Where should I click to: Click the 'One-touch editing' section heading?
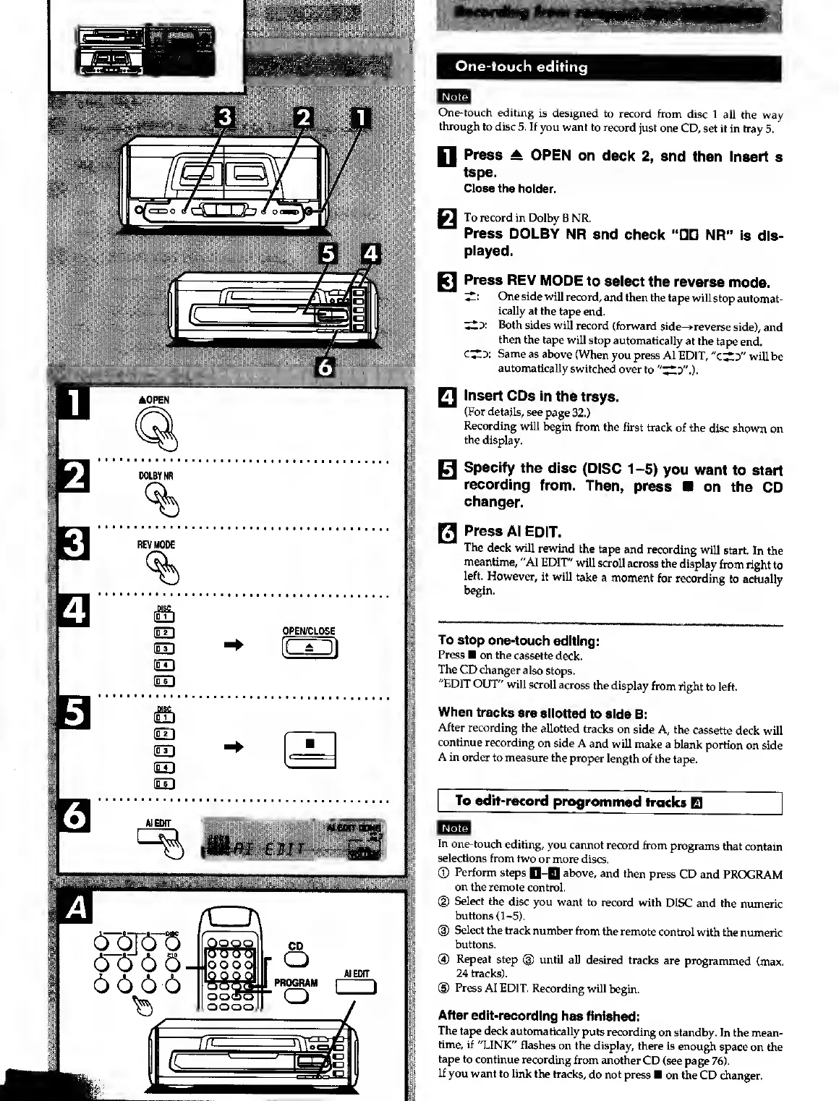521,67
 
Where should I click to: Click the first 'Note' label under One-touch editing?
454,97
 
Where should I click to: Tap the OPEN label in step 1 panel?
153,400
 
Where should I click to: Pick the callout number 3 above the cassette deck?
226,116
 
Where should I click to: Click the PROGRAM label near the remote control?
295,983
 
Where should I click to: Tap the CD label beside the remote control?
296,945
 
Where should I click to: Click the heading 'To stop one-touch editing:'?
519,641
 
